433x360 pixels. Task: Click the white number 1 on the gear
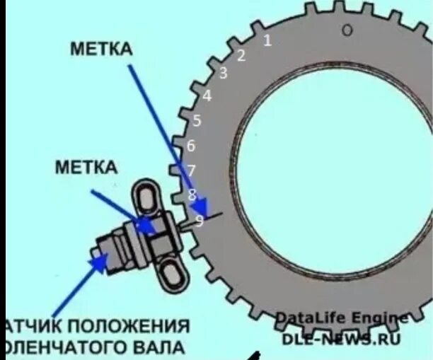pyautogui.click(x=267, y=40)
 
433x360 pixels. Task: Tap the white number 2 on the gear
pyautogui.click(x=241, y=56)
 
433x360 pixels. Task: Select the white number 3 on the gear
pyautogui.click(x=224, y=73)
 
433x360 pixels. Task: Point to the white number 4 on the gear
pyautogui.click(x=207, y=96)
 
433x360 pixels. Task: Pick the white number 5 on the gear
pyautogui.click(x=197, y=121)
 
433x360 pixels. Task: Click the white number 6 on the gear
pyautogui.click(x=190, y=146)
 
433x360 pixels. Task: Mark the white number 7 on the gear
pyautogui.click(x=190, y=170)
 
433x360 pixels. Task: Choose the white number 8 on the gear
pyautogui.click(x=192, y=194)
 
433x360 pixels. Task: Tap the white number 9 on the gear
pyautogui.click(x=199, y=221)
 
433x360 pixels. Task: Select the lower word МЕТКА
pyautogui.click(x=86, y=167)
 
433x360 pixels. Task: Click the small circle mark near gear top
pyautogui.click(x=347, y=30)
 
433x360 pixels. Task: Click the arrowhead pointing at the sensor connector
pyautogui.click(x=98, y=263)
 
